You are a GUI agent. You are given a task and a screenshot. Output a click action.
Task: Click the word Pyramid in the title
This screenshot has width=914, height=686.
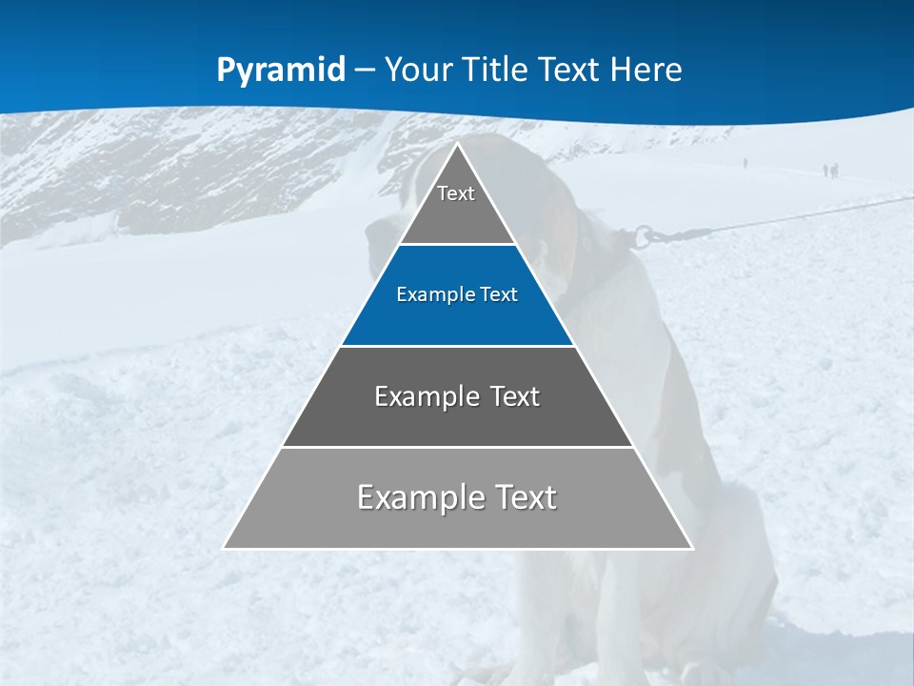pos(281,71)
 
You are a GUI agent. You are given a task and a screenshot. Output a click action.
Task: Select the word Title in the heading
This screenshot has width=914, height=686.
pos(496,70)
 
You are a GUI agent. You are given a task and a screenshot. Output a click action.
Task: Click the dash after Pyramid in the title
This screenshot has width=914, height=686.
pos(365,71)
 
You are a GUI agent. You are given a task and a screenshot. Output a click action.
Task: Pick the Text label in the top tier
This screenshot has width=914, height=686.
pos(456,193)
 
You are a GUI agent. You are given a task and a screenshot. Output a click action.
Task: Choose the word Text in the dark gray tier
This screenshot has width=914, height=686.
pos(515,396)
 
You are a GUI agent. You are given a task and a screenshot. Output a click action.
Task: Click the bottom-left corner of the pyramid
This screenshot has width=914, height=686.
pos(225,548)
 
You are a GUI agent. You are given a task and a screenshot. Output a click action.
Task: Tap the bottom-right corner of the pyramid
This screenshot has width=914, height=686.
pos(692,548)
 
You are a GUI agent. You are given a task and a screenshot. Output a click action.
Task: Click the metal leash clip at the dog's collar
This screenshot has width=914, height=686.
pos(646,235)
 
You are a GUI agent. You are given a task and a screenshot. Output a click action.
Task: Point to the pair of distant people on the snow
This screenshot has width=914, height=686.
pos(831,171)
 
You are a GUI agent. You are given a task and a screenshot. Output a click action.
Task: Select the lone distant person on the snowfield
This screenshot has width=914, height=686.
pos(745,163)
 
